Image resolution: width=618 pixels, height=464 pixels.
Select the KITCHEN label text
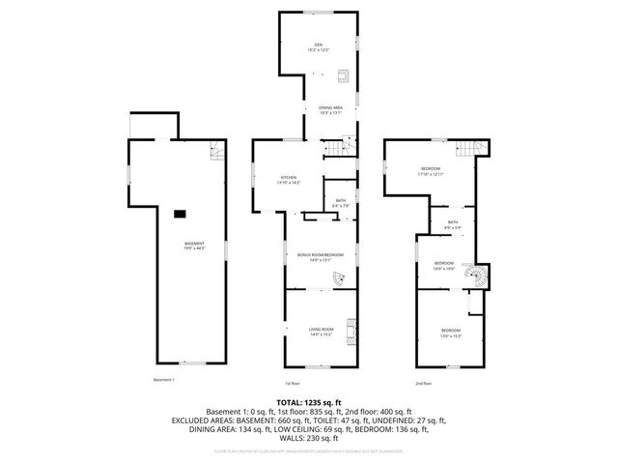[289, 178]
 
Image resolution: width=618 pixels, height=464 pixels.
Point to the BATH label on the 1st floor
[341, 201]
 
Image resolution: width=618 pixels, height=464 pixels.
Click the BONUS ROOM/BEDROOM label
[320, 255]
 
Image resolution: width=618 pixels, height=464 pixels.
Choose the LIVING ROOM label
[321, 330]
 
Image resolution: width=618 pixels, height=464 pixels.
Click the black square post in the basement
[180, 214]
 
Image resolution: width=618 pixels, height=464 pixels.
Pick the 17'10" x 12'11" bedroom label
[431, 171]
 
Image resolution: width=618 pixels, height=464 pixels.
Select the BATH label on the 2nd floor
[452, 223]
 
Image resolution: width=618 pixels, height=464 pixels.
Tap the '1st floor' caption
[292, 382]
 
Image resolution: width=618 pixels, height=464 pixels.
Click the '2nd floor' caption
[423, 382]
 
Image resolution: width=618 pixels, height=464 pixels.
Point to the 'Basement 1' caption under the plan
[164, 380]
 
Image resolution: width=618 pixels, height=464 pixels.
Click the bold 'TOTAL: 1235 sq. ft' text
[308, 401]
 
